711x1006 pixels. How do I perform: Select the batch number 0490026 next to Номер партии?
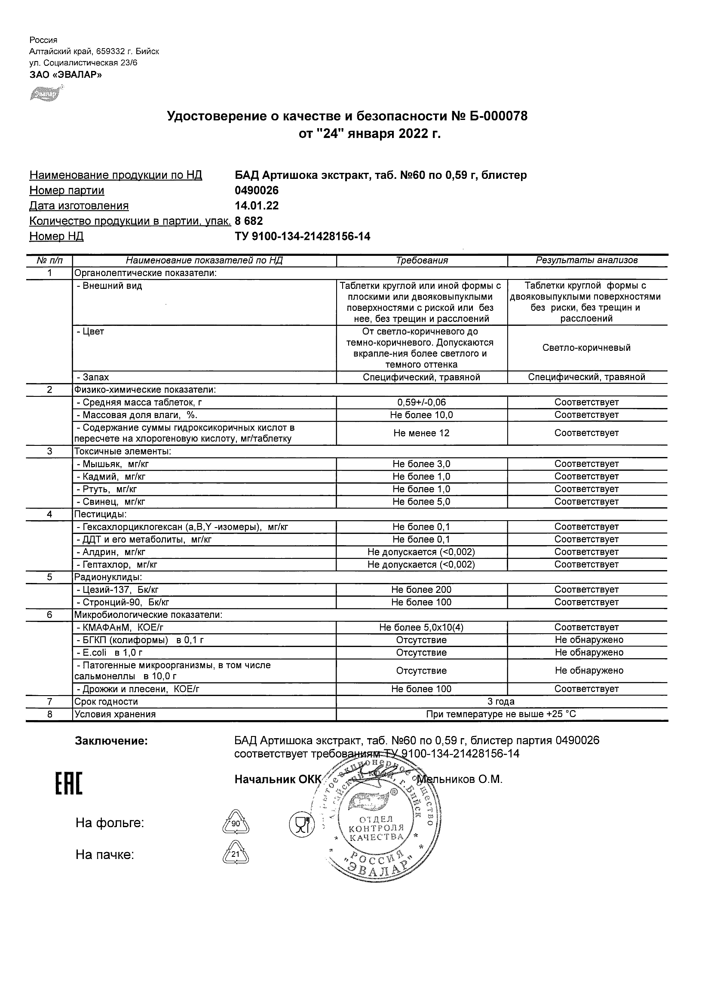click(x=257, y=190)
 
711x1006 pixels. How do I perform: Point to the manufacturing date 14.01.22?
click(x=257, y=206)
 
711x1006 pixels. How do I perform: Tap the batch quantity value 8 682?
click(x=249, y=221)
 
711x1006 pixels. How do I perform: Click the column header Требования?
click(x=421, y=261)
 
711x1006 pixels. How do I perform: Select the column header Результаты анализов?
click(x=587, y=260)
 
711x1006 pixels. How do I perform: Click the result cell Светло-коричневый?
click(x=587, y=348)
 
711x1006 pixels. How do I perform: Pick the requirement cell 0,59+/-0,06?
click(x=421, y=402)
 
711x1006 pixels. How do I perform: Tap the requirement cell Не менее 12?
click(x=421, y=433)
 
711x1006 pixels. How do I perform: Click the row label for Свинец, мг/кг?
click(x=111, y=502)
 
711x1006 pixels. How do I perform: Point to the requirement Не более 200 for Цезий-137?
click(x=421, y=590)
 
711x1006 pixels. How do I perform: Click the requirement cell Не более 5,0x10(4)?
click(x=421, y=627)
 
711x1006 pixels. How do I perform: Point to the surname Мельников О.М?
click(x=460, y=779)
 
